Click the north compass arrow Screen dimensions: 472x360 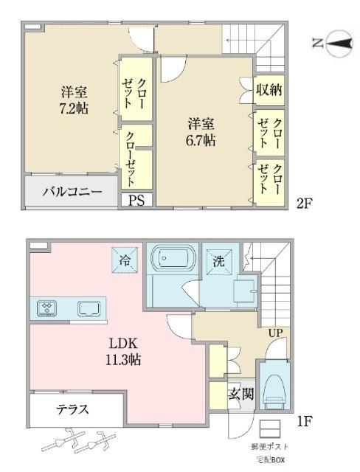point(335,44)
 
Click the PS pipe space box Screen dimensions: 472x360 point(137,199)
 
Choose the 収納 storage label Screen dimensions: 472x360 point(269,90)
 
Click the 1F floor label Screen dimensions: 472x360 point(305,423)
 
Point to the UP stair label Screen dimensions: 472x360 point(275,333)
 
